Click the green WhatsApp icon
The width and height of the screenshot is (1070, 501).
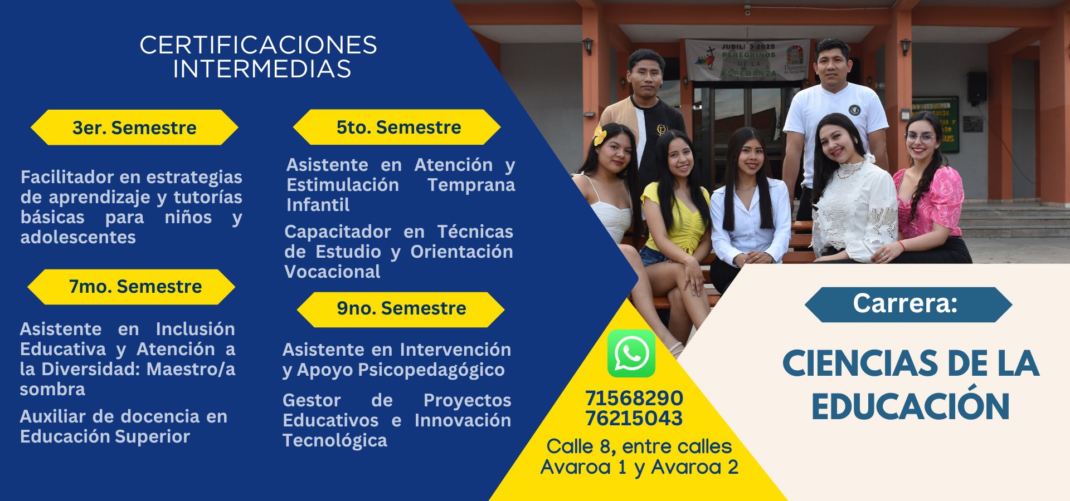631,353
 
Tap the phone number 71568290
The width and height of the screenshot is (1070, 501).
634,398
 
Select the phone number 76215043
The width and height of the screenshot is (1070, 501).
634,418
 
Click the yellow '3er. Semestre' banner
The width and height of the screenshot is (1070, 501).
134,127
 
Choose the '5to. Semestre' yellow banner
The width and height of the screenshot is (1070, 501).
397,127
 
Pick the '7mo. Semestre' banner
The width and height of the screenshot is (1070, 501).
132,287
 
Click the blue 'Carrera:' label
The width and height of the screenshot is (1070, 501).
908,304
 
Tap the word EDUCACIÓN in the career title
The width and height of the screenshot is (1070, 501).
911,407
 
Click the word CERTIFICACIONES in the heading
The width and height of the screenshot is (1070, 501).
258,45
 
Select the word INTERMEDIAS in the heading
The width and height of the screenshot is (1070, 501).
262,69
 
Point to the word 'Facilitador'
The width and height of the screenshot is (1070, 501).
67,177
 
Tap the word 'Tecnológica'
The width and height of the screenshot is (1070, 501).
335,441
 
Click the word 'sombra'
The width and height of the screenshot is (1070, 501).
52,389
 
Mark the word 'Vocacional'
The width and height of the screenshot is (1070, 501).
333,272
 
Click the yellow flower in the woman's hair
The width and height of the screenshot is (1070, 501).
600,135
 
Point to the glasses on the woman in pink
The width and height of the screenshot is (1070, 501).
920,137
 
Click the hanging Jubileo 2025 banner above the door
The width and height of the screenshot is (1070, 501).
747,58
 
